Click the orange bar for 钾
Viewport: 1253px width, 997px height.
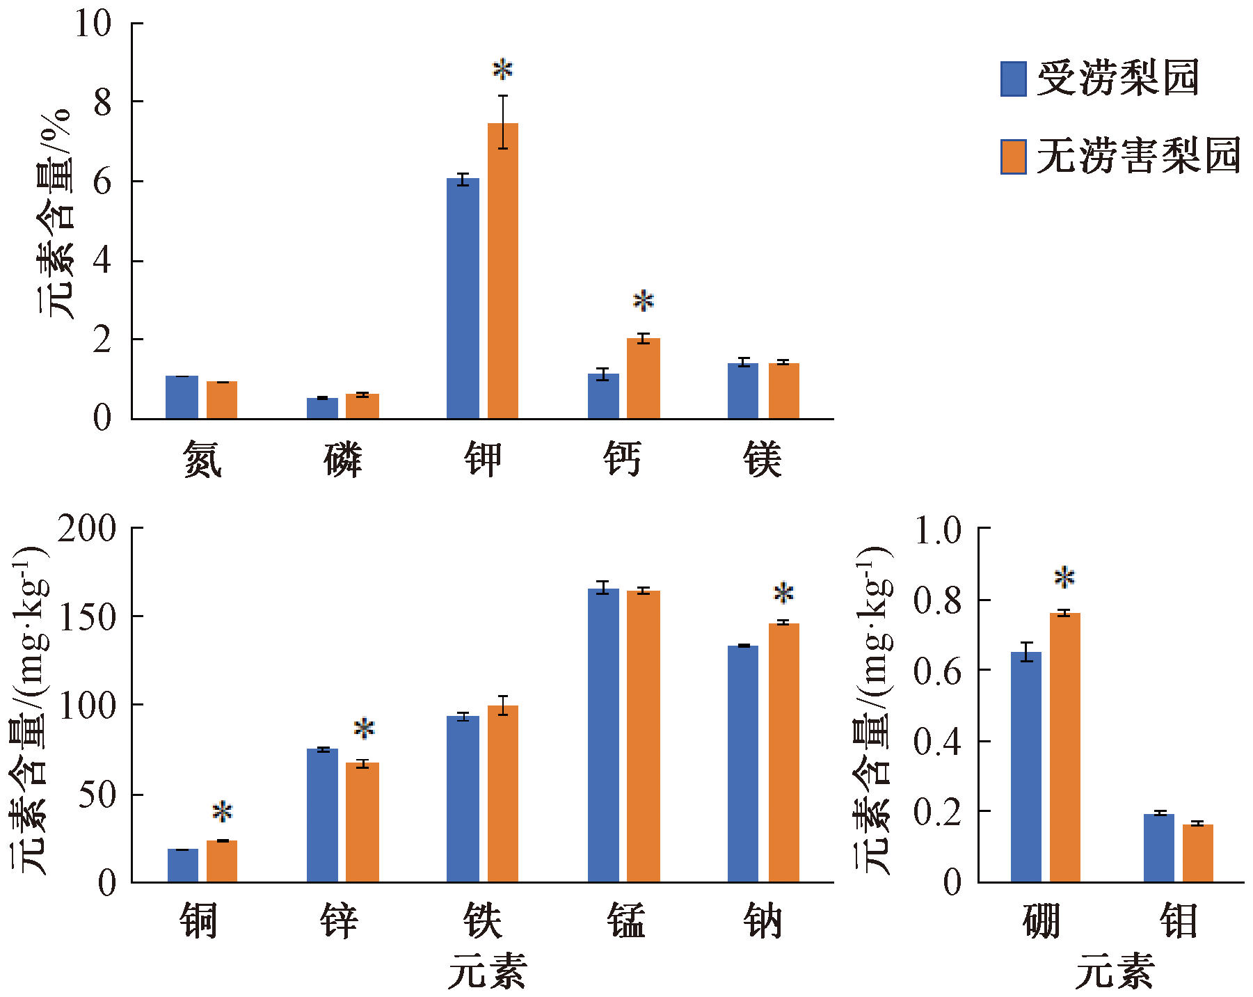coord(502,271)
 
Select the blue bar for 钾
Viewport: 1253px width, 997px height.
coord(463,298)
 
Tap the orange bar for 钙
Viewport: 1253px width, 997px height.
coord(643,378)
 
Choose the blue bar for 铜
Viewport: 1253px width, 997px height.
coord(182,866)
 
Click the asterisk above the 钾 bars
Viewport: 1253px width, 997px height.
coord(502,70)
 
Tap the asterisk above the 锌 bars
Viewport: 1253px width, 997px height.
coord(364,729)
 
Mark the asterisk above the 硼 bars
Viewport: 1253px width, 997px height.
coord(1064,577)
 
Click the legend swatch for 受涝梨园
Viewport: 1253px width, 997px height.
coord(1013,79)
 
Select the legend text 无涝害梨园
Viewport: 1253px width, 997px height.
coord(1138,156)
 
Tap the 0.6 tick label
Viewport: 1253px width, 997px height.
coord(936,671)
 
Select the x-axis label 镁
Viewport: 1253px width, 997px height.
coord(763,460)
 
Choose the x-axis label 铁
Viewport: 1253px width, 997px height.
coord(482,921)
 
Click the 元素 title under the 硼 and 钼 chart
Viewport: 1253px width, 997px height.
coord(1115,971)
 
